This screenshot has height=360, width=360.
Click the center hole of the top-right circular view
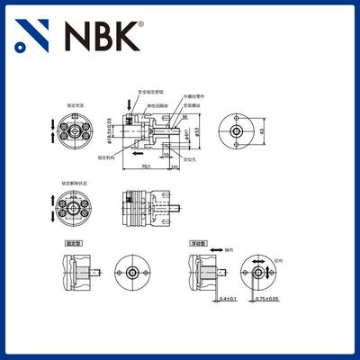coord(235,131)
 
